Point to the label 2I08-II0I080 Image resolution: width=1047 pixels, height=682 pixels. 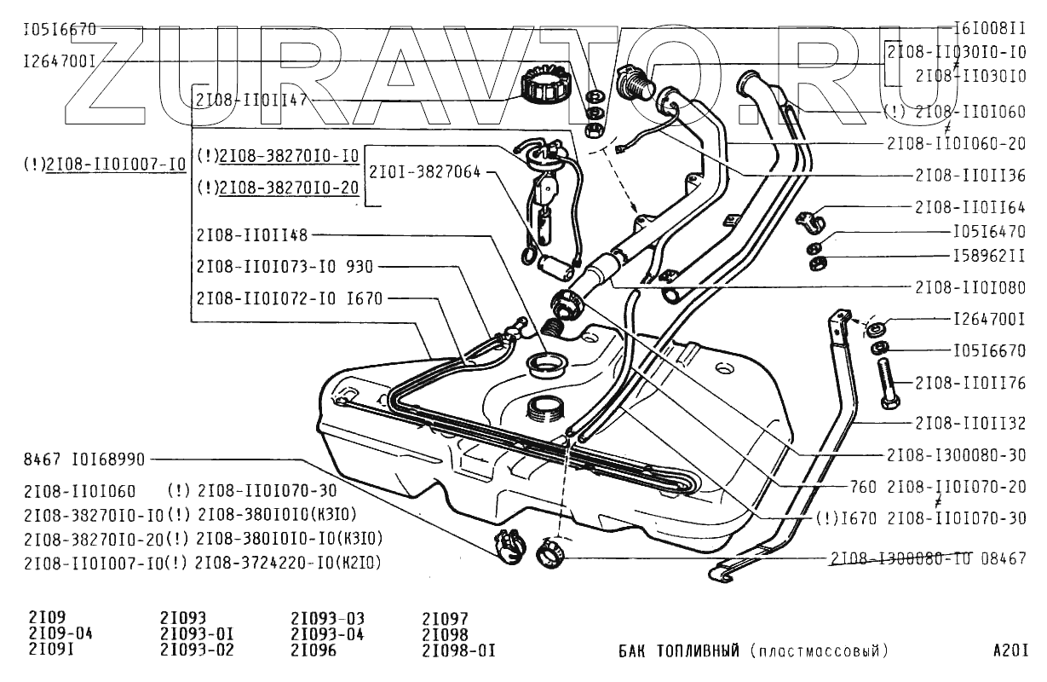[x=970, y=288]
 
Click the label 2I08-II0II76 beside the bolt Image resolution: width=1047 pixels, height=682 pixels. [x=970, y=384]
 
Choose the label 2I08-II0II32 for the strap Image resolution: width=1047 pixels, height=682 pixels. [x=970, y=422]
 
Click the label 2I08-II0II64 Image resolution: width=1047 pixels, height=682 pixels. [x=970, y=206]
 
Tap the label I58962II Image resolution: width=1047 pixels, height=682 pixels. [x=989, y=257]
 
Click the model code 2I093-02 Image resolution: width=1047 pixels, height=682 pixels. [x=196, y=650]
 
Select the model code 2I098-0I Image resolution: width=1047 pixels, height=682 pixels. [x=458, y=650]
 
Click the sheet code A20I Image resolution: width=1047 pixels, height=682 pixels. [x=1010, y=651]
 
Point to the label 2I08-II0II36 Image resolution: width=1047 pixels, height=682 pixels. [x=970, y=175]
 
